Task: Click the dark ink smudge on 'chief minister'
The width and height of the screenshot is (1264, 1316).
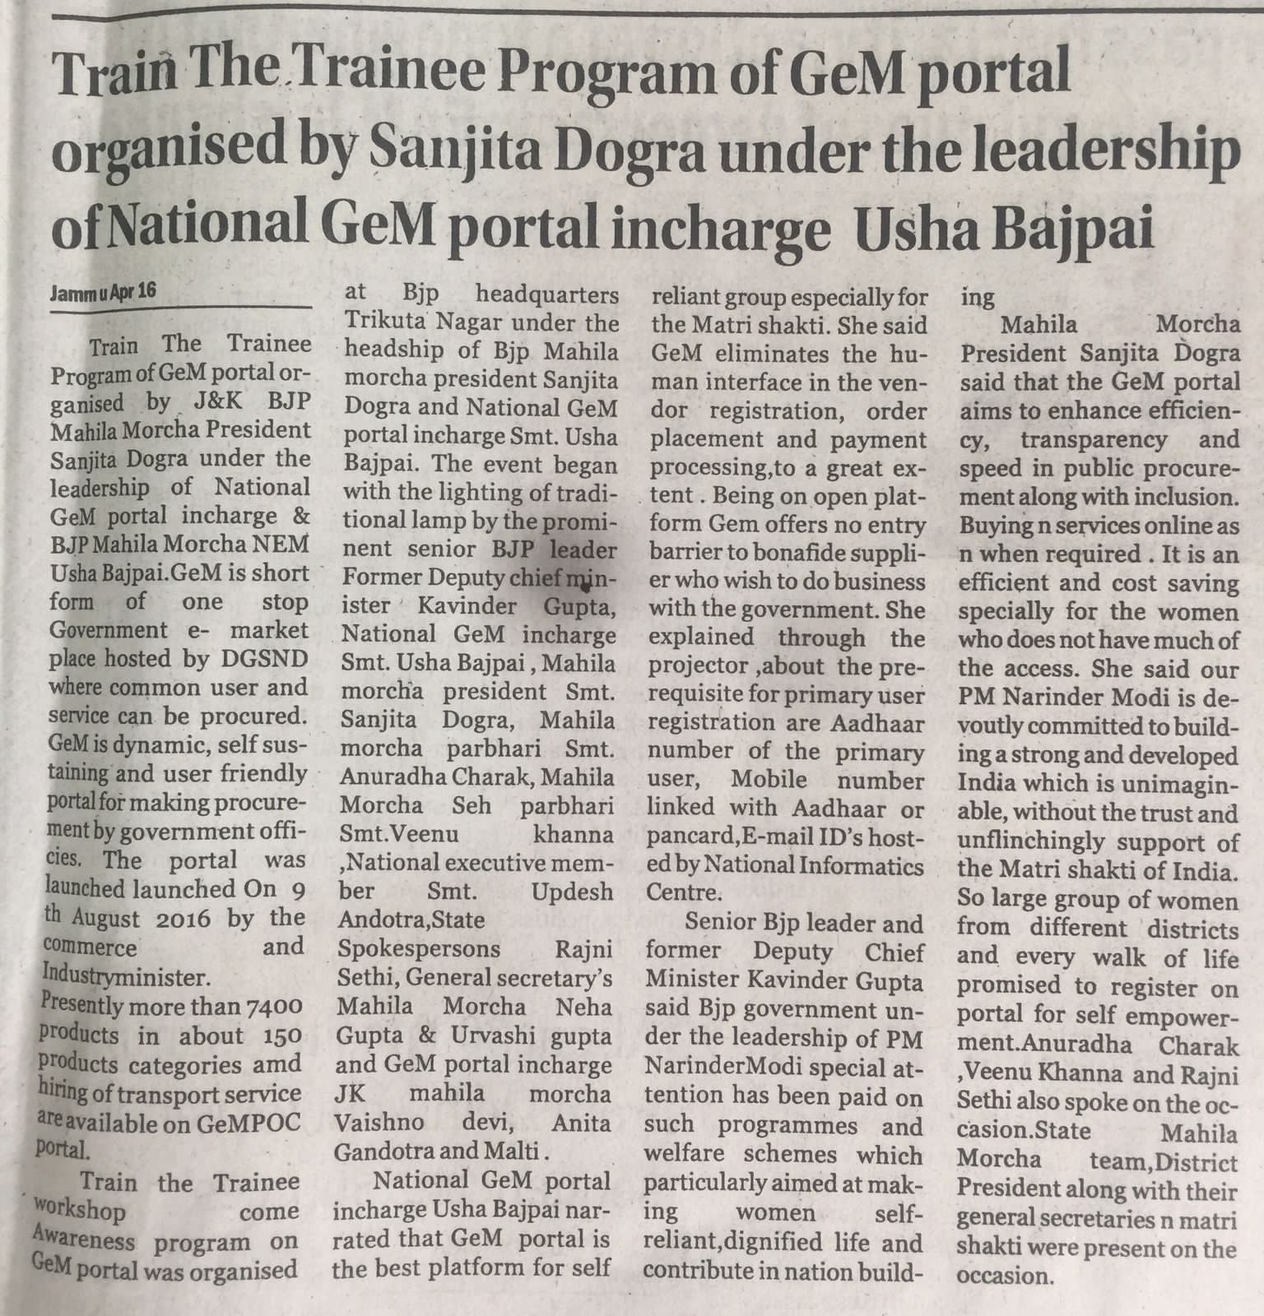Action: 584,586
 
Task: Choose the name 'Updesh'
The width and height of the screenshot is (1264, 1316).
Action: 572,892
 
